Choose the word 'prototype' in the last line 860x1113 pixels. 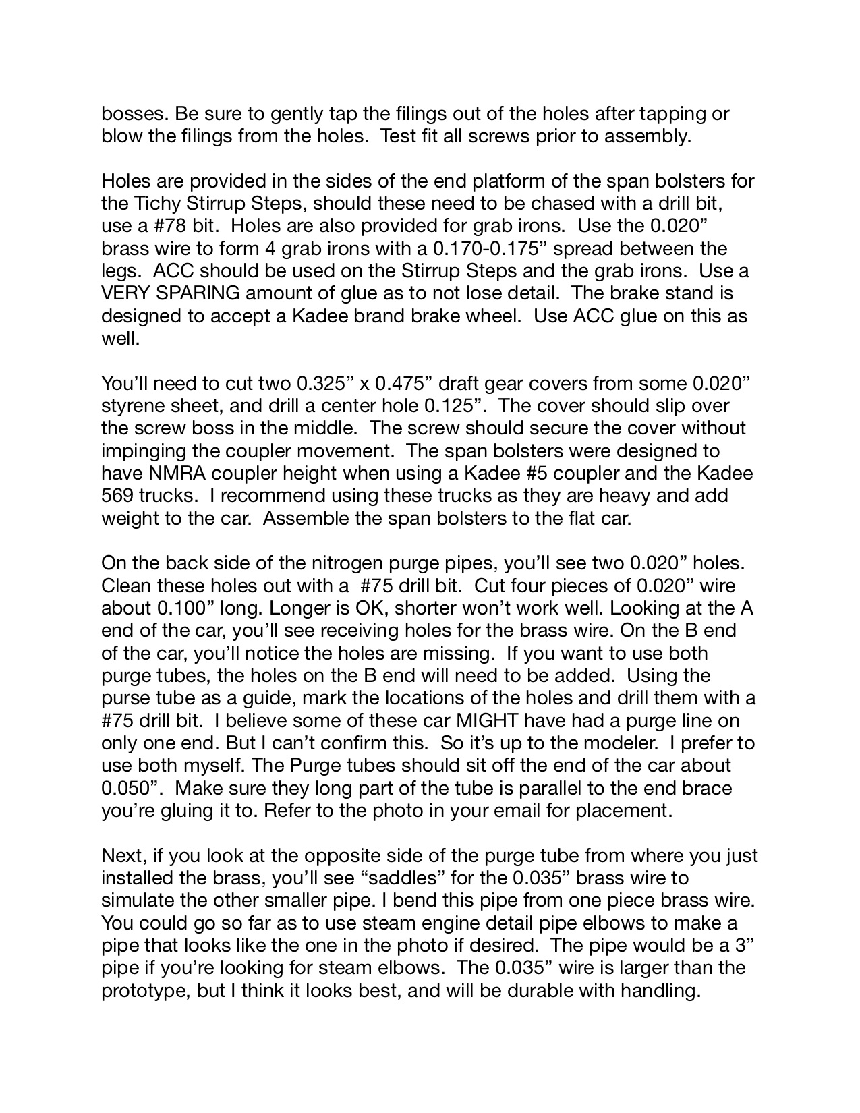(142, 990)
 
